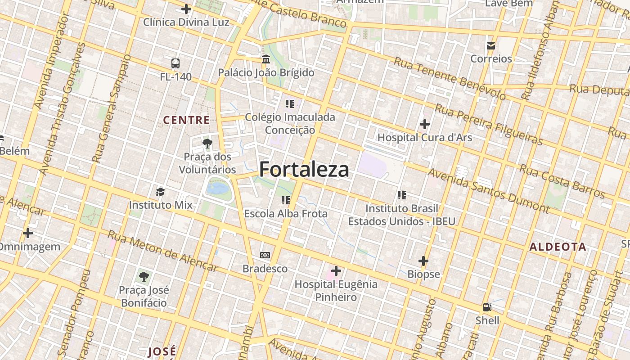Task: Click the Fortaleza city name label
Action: point(304,170)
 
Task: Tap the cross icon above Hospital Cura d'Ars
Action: point(424,124)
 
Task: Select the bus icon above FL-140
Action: point(175,63)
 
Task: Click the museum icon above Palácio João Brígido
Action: point(266,59)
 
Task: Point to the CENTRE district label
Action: point(186,120)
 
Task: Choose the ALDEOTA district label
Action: point(558,247)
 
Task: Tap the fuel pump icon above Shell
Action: point(487,307)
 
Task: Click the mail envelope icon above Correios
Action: point(491,45)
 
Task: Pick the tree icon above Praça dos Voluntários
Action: point(207,144)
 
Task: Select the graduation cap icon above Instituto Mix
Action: point(161,192)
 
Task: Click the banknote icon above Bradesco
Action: point(265,255)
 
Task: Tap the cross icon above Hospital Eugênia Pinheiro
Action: point(336,271)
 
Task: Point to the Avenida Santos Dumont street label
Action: point(488,190)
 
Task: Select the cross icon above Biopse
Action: point(423,261)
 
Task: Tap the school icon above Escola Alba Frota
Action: point(286,200)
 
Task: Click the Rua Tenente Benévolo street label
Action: point(450,78)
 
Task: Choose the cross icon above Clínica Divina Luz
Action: point(186,9)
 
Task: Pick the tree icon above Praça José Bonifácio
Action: point(144,276)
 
